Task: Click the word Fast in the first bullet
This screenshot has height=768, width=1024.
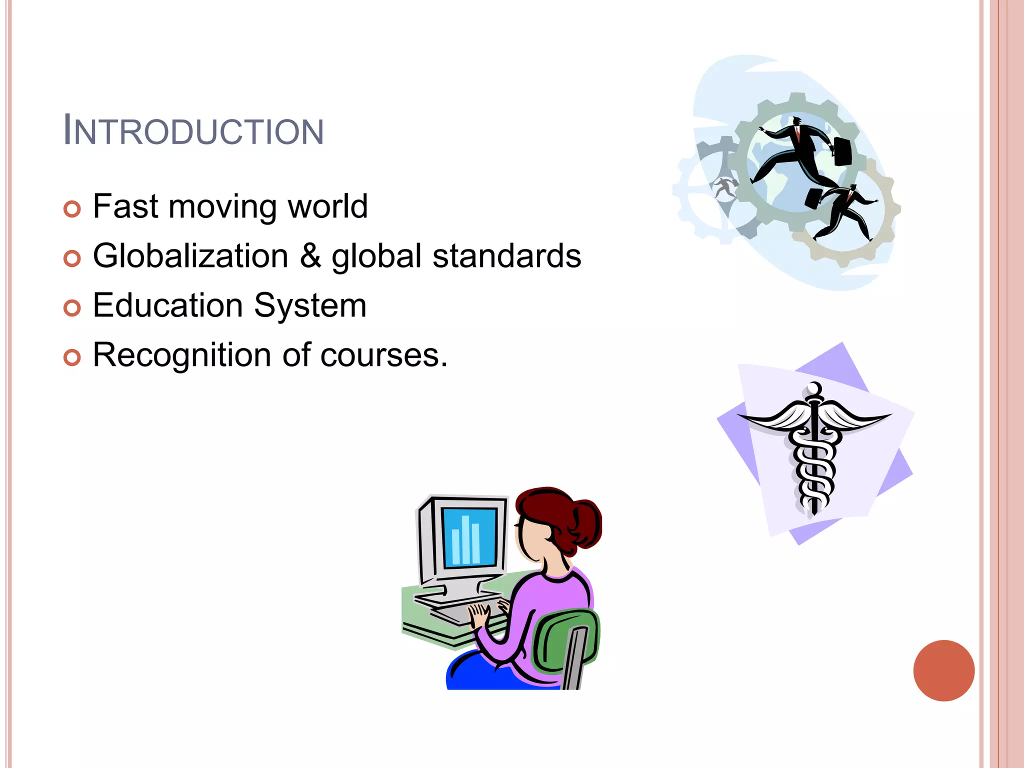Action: click(125, 206)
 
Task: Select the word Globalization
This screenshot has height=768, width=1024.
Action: click(190, 255)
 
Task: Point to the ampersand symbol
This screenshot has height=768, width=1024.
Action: click(310, 255)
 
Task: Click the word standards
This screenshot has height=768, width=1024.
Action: click(506, 255)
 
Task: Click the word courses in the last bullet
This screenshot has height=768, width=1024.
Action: click(380, 355)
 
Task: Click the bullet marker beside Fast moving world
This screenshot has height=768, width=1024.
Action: click(72, 209)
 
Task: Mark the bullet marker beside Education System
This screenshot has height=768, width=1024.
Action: click(72, 308)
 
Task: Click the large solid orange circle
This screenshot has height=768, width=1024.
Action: click(943, 670)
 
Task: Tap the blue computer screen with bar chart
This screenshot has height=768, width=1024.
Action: click(469, 537)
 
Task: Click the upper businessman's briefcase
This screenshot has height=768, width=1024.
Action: click(842, 151)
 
